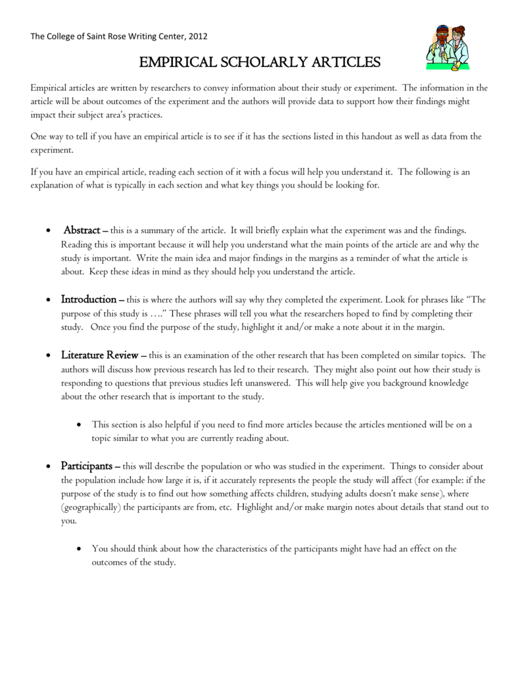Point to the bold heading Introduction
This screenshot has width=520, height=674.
click(x=89, y=299)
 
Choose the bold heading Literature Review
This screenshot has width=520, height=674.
click(x=99, y=355)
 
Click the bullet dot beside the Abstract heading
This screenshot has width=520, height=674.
click(x=49, y=231)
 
